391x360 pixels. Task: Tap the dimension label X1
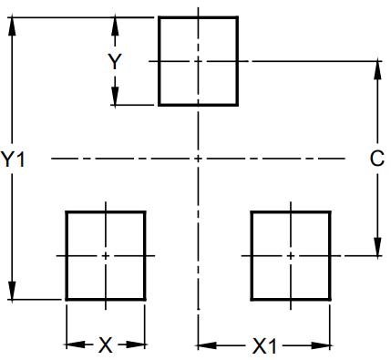pos(264,345)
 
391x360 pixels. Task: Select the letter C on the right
pos(376,159)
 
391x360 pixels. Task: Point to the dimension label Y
pos(115,62)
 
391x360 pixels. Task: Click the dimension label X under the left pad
pos(106,345)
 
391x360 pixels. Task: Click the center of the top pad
pos(198,61)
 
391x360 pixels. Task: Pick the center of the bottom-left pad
pos(106,256)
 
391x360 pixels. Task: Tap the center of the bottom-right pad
pos(291,256)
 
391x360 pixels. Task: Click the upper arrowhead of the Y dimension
pos(115,25)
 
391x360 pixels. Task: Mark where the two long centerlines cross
pos(198,159)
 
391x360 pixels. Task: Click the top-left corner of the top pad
pos(159,16)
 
